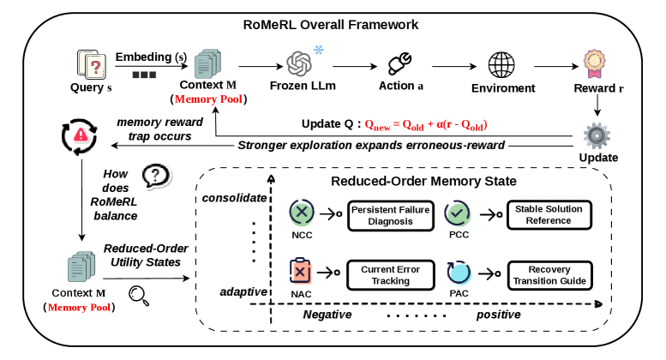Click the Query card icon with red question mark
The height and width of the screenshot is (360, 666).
pos(92,64)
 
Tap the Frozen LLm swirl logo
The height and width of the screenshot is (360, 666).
pos(299,63)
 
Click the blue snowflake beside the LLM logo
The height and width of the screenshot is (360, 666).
pos(319,50)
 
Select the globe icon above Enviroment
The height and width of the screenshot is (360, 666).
pos(501,65)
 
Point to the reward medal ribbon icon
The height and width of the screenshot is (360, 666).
pos(594,64)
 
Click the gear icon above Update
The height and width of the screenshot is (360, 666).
pos(597,135)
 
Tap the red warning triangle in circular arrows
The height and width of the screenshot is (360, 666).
pos(80,136)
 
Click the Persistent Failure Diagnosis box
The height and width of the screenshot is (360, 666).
pos(391,216)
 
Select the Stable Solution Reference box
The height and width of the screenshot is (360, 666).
pos(549,215)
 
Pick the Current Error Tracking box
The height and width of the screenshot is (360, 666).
pos(391,275)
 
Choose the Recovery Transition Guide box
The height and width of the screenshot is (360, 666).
pos(549,275)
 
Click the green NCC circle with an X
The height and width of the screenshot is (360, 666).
pos(302,213)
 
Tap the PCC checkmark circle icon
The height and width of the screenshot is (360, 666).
pos(458,213)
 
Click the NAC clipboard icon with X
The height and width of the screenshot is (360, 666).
pos(300,271)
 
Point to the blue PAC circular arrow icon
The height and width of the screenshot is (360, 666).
pos(459,273)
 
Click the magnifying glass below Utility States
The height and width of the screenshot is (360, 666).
pos(139,296)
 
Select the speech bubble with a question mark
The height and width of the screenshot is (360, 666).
pos(156,176)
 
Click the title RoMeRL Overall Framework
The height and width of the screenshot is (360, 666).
pos(331,25)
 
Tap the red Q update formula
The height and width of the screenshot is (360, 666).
pos(426,125)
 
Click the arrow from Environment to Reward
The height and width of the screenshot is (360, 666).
pos(556,66)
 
